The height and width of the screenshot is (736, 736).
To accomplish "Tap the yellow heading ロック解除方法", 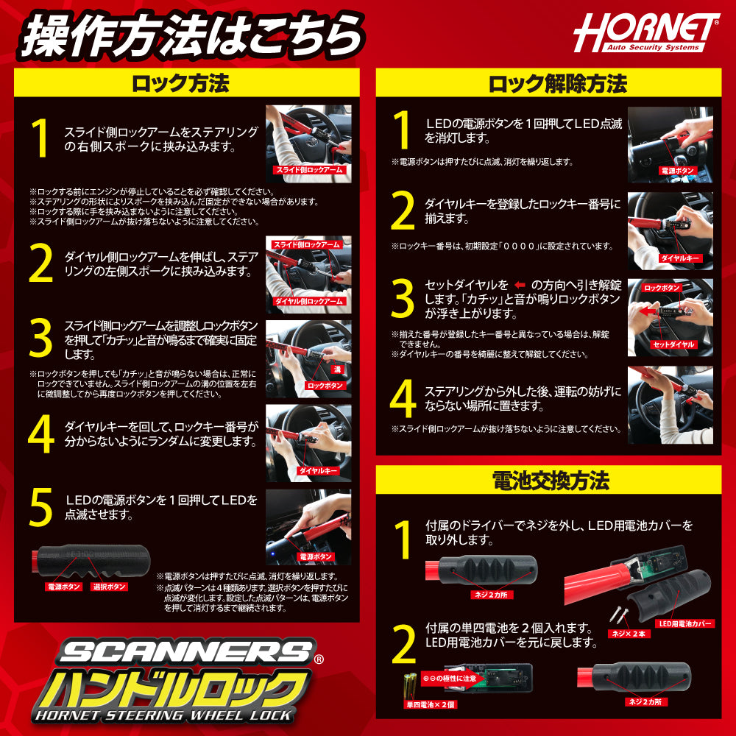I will point(548,82).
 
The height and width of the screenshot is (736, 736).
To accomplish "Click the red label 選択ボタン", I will point(110,587).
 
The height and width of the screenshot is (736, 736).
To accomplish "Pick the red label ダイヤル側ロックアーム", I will point(308,301).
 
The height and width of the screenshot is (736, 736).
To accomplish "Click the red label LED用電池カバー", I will point(684,623).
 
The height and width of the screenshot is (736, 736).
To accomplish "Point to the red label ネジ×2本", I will point(626,633).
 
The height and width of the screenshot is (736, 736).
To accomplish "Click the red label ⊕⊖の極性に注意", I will point(450,677).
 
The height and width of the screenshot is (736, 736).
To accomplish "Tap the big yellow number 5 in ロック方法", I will point(41,506).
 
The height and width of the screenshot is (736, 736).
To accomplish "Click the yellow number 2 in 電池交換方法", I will point(403,645).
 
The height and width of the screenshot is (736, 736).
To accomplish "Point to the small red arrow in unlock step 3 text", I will point(520,285).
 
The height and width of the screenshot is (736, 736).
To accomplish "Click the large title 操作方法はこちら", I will point(191,35).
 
